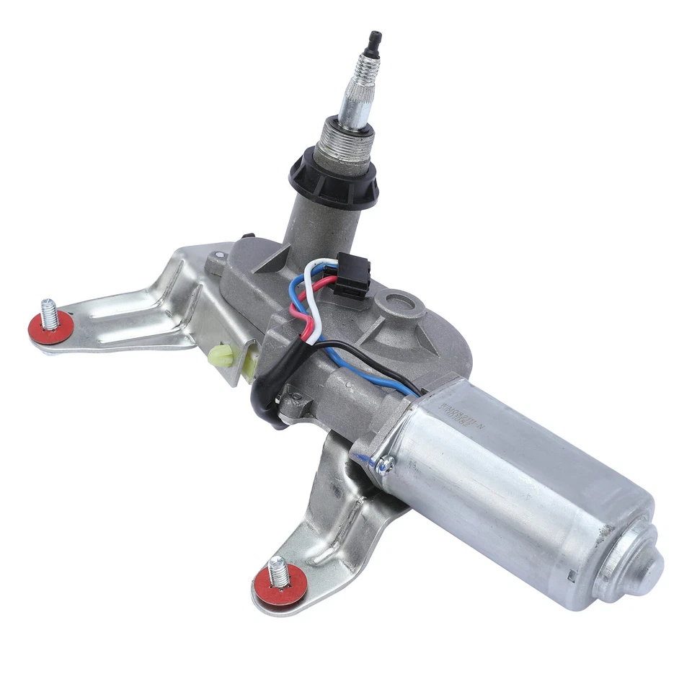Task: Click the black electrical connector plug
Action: tap(351, 278)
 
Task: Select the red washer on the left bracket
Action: tap(50, 328)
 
